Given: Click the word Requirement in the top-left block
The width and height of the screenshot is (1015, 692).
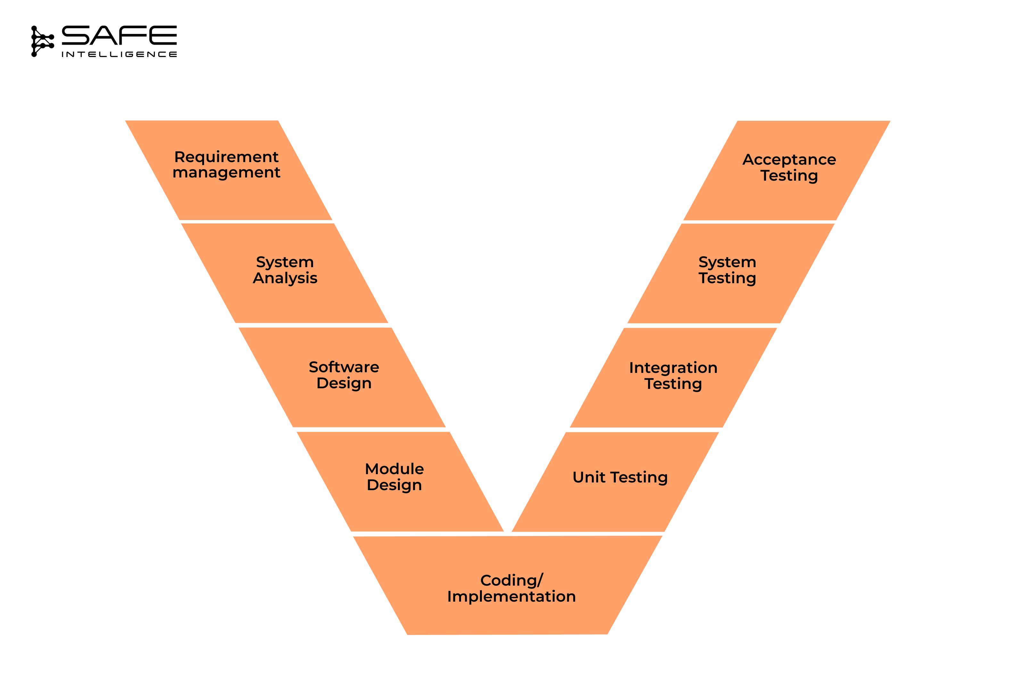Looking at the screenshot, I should coord(226,157).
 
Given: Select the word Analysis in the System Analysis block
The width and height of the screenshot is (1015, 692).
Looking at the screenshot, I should coord(285,278).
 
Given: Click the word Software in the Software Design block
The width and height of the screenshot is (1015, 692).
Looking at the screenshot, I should coord(344,367).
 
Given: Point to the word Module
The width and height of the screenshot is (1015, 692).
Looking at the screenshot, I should coord(394,469).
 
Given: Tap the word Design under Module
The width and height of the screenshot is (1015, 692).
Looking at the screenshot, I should coord(394,485).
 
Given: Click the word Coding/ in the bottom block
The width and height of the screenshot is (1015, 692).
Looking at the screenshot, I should coord(511,580).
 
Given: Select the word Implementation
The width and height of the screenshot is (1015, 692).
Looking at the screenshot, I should coord(511,597).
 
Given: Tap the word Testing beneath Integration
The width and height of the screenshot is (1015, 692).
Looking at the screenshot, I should coord(673,384).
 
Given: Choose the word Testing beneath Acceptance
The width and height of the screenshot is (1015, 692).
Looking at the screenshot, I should coord(789,176).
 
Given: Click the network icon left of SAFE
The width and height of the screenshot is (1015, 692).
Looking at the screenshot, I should coord(42,41).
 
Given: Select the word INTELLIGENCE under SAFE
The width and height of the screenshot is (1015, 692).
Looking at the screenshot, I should coord(119,54).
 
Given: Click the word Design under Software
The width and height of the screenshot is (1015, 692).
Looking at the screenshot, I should coord(344,383).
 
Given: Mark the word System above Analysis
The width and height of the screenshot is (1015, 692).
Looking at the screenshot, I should coord(285,262).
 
